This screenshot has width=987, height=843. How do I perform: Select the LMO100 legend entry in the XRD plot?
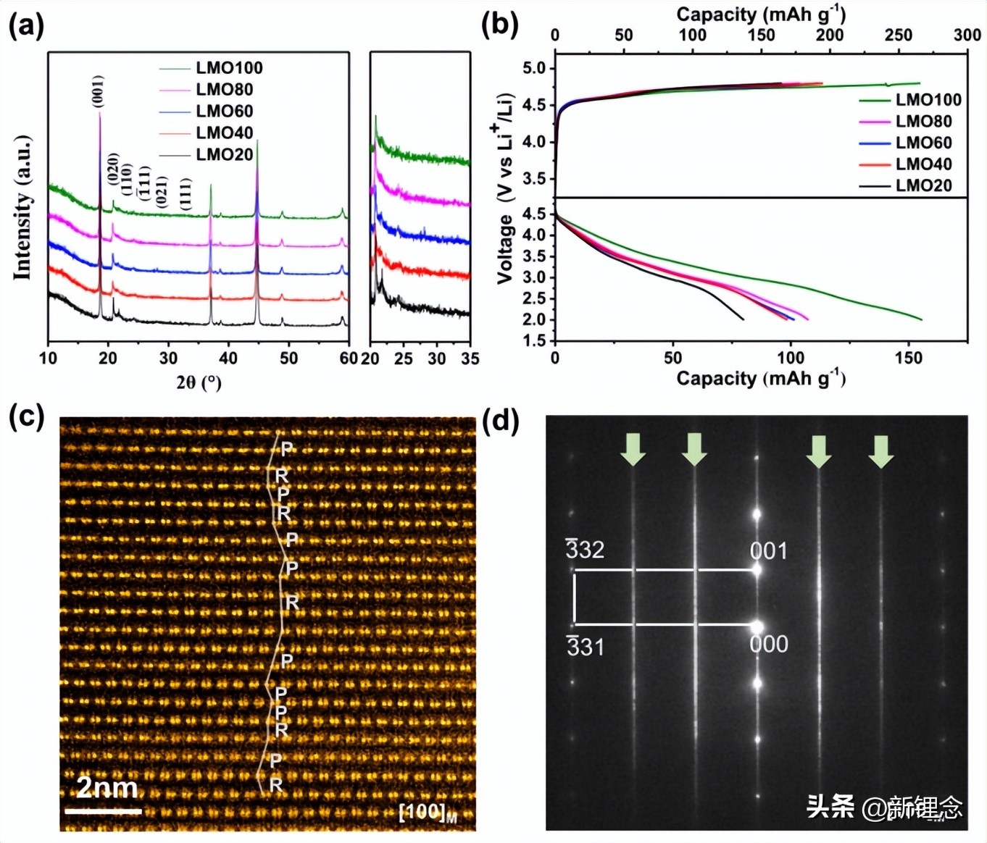[228, 68]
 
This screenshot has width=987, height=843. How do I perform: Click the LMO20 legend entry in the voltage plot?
[923, 185]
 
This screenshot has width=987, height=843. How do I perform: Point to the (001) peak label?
[98, 91]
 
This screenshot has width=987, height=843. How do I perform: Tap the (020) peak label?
[113, 169]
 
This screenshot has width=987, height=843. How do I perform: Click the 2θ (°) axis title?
[199, 382]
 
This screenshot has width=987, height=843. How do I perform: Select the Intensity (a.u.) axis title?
[22, 207]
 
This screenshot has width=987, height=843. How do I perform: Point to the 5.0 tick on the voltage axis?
[538, 69]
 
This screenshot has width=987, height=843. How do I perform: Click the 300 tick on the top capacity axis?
[967, 35]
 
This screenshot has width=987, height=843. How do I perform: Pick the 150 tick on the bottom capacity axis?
[908, 358]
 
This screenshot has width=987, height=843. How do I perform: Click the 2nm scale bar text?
[107, 787]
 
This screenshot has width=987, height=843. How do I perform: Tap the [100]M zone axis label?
[428, 812]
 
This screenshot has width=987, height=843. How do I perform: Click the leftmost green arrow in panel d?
[633, 449]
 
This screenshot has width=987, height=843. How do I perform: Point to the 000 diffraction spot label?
[768, 644]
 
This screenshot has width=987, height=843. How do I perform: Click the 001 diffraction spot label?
[768, 551]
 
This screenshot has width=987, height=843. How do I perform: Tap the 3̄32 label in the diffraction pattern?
[585, 550]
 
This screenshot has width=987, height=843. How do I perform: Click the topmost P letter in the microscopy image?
[287, 448]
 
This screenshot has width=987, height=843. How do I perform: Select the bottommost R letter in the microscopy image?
[275, 784]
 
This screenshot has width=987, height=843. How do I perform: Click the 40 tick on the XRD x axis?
[228, 358]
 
